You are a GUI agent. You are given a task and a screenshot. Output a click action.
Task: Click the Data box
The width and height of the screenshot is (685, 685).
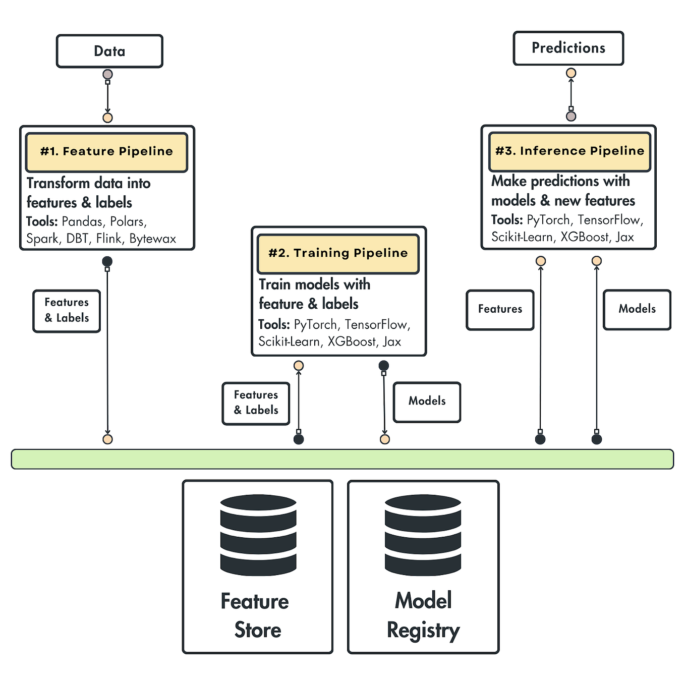[x=109, y=51]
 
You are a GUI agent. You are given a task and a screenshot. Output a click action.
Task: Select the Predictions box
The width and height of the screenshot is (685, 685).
[x=568, y=48]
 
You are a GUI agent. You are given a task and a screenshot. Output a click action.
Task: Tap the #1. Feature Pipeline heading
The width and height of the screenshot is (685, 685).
[x=106, y=152]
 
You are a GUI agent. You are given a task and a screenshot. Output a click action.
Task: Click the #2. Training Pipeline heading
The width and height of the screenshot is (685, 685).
[x=338, y=253]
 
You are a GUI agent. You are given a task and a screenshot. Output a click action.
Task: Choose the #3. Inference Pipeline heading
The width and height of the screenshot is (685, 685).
[x=569, y=151]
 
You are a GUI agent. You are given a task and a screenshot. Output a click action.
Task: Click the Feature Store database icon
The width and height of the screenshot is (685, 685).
[x=258, y=535]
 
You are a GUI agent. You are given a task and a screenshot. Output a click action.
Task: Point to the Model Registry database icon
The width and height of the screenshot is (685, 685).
[x=423, y=535]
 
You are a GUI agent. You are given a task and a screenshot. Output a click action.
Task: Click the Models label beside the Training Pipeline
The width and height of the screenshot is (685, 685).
[x=427, y=402]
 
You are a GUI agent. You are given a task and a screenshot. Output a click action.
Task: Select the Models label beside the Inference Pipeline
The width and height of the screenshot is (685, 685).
[x=637, y=309]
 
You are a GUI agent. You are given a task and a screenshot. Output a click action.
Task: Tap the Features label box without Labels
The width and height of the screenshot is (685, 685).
[x=500, y=309]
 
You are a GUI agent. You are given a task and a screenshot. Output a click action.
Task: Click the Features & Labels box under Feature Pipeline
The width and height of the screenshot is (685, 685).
[x=67, y=311]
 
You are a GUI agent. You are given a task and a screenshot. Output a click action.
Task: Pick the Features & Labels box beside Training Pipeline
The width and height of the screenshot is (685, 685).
[x=256, y=403]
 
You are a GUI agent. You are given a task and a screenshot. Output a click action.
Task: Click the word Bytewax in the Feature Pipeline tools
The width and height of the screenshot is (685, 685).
[x=153, y=239]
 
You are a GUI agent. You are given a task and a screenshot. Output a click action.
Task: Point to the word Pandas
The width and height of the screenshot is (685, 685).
[x=82, y=221]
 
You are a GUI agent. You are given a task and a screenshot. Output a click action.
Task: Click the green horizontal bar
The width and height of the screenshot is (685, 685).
[x=342, y=459]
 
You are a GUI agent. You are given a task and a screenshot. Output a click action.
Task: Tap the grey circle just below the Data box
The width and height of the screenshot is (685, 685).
[x=107, y=75]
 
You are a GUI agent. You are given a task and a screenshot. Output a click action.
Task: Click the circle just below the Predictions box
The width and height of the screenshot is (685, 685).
[x=571, y=73]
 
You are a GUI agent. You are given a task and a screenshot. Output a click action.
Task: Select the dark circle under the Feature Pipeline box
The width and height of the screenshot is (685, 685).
[x=107, y=261]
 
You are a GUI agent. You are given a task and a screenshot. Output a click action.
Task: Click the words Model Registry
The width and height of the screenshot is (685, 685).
[x=423, y=615]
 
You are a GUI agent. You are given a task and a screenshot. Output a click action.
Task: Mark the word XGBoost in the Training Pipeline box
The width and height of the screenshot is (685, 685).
[x=352, y=342]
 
